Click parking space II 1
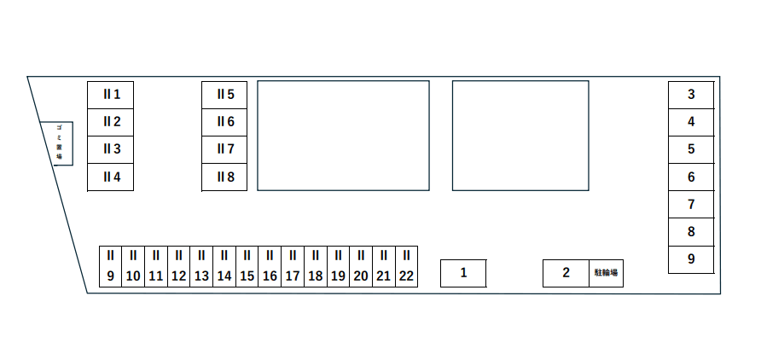[111, 94]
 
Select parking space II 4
[111, 177]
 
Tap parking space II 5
[224, 94]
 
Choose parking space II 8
[224, 177]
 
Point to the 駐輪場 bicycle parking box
[606, 273]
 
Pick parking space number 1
[463, 273]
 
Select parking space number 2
[566, 273]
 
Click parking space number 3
[691, 95]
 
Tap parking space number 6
[691, 177]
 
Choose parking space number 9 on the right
[691, 259]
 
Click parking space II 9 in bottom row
[111, 266]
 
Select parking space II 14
[224, 266]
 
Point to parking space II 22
[406, 266]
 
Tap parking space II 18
[316, 266]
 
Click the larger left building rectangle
[343, 136]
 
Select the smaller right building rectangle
[520, 136]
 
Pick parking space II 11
[156, 266]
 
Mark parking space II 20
[361, 266]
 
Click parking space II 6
[224, 122]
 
